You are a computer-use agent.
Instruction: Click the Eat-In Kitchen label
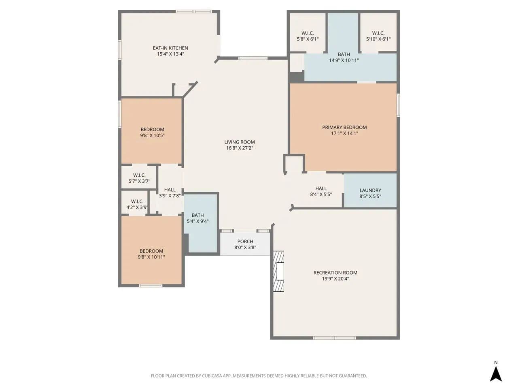[170, 48]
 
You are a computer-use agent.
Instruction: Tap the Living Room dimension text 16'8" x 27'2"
[240, 148]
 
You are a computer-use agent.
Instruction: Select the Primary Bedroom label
[344, 127]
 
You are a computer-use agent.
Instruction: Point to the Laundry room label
[370, 190]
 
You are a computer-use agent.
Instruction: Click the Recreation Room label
[335, 273]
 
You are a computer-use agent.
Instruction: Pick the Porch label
[245, 242]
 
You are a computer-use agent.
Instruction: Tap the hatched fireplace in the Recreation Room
[278, 271]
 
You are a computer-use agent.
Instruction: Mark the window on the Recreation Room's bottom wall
[334, 338]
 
